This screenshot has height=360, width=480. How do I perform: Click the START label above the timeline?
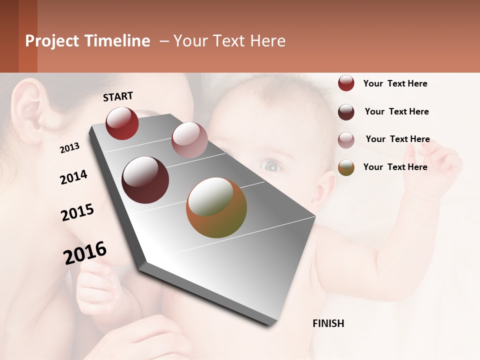(118, 96)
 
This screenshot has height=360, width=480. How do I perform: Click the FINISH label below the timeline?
(328, 323)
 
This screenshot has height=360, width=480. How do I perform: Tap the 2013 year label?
(69, 148)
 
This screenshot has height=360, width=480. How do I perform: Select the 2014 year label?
(73, 177)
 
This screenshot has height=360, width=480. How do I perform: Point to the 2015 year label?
(77, 212)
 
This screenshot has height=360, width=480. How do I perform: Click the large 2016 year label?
(85, 253)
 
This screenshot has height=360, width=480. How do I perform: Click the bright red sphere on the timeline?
(122, 123)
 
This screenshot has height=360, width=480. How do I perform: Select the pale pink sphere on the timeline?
(189, 140)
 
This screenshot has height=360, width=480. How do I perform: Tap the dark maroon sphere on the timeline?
(145, 180)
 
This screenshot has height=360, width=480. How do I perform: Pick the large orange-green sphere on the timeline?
(216, 207)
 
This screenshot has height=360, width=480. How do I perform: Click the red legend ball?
(346, 83)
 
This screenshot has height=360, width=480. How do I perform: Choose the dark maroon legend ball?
(346, 112)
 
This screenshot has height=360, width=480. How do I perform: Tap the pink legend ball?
(346, 140)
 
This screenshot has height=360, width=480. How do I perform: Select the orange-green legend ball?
(346, 167)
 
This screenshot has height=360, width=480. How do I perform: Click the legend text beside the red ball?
(395, 83)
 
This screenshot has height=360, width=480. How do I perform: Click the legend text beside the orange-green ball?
(395, 167)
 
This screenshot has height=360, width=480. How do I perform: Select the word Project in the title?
(52, 41)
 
